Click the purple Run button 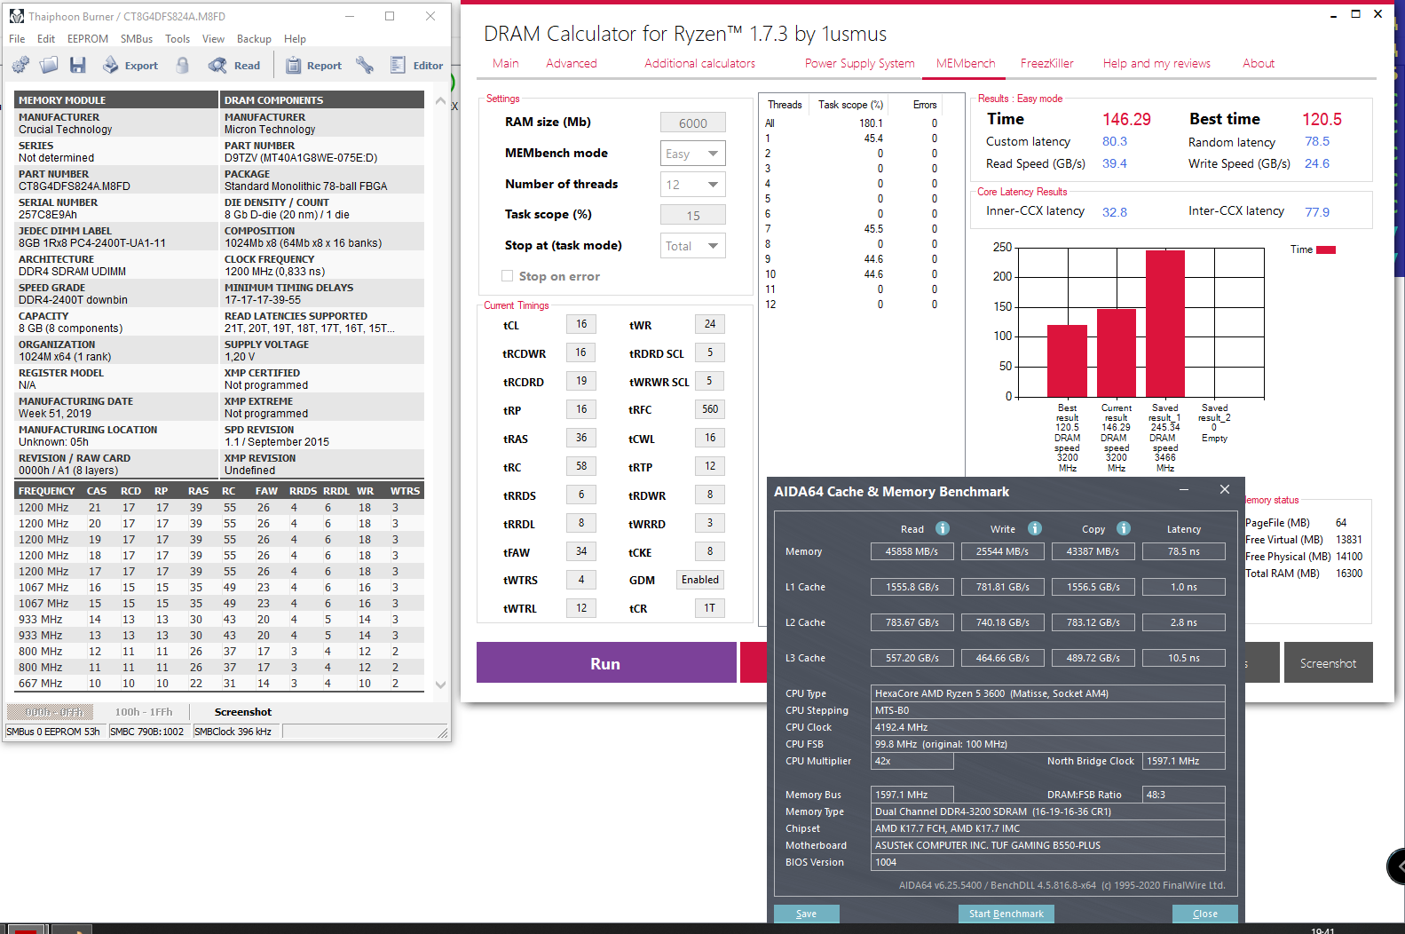606,662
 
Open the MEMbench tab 966,63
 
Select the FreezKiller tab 1046,63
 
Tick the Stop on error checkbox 508,276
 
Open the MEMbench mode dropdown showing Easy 692,154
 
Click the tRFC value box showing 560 709,409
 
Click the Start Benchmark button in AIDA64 1006,914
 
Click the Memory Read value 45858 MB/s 912,551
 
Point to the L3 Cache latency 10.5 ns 1184,658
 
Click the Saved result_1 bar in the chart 1164,324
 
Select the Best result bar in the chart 1067,360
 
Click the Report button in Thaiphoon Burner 313,65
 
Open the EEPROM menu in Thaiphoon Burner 88,39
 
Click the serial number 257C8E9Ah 48,215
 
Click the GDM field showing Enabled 700,580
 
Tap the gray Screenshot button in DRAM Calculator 1328,663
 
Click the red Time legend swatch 1325,249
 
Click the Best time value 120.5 1322,119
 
